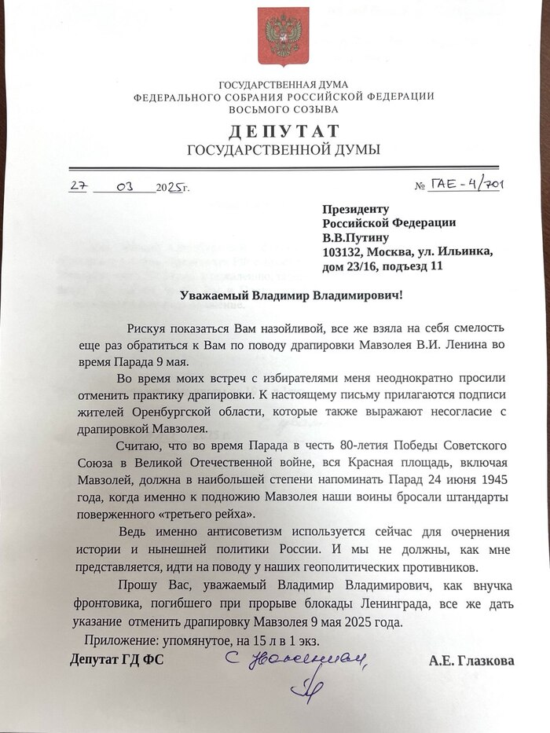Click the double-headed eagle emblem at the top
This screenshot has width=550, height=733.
click(x=283, y=35)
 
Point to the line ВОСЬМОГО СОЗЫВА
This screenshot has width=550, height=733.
click(x=284, y=108)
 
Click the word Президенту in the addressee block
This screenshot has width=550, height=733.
click(x=356, y=209)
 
